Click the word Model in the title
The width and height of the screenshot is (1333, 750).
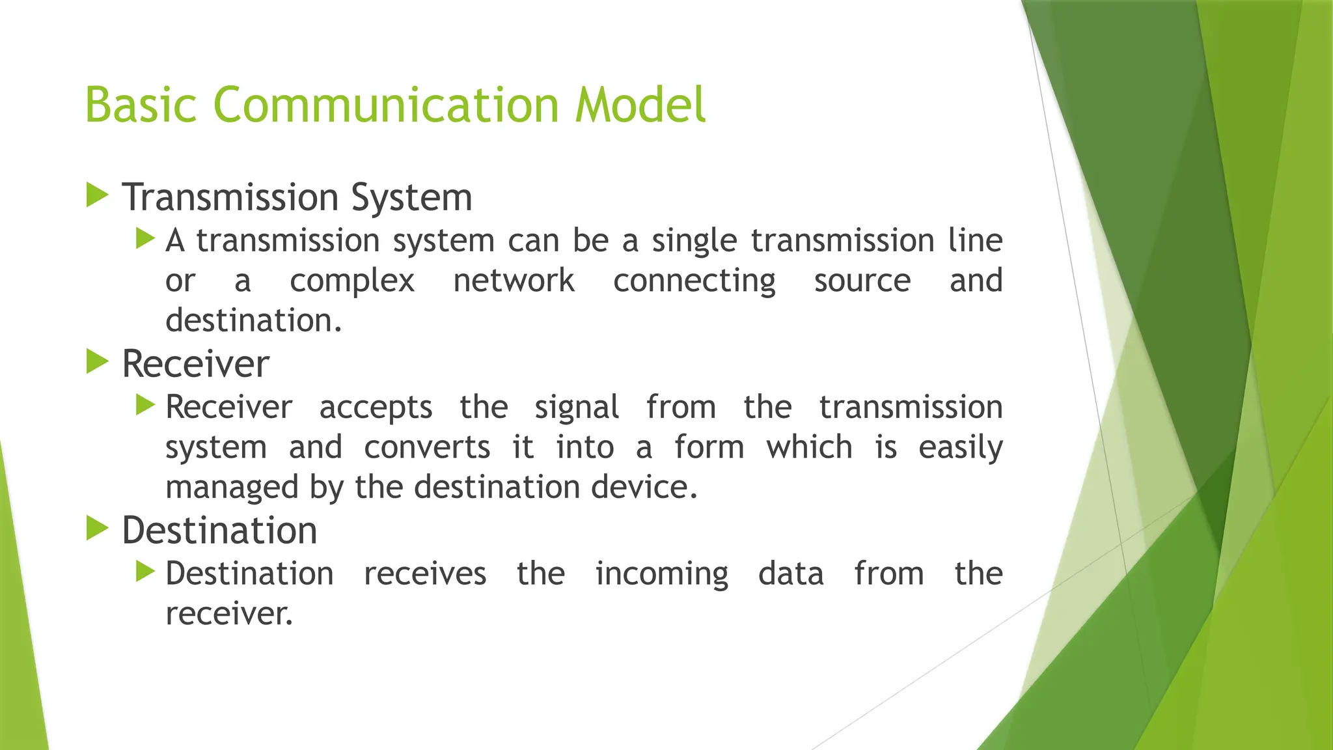coord(640,105)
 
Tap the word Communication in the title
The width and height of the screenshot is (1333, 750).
coord(386,105)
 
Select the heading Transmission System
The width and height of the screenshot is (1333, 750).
coord(297,197)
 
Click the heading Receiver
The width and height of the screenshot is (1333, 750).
coord(195,363)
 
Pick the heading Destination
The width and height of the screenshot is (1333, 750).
coord(219,530)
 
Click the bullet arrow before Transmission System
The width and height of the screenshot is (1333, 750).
coord(97,195)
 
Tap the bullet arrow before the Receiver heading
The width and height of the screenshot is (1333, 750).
coord(97,362)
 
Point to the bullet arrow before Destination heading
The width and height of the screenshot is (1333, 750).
coord(97,529)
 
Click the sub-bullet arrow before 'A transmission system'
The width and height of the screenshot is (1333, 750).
coord(145,239)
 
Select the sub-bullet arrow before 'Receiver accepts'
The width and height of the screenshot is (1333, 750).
coord(145,406)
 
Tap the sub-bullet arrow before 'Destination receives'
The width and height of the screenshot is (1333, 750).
coord(145,572)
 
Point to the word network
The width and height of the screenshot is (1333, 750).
coord(514,281)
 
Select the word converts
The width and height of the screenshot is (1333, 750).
coord(427,447)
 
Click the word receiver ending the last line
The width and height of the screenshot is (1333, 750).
coord(228,614)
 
